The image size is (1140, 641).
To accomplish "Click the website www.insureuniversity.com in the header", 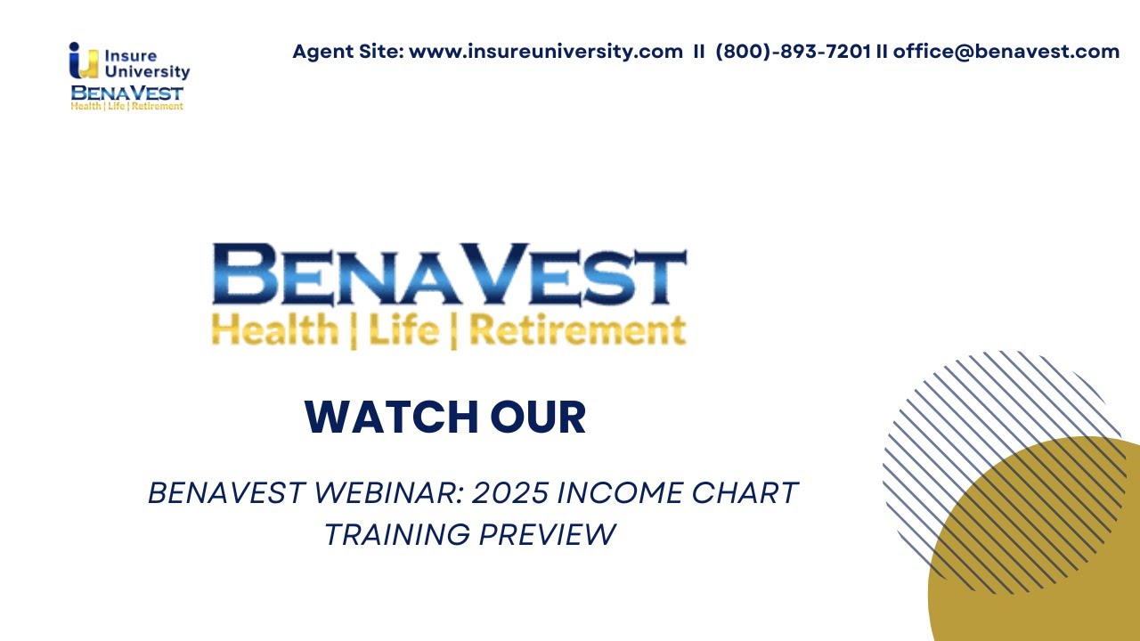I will point(545,52).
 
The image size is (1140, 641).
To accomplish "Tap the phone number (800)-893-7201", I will point(793,52).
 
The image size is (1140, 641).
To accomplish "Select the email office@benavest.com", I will point(1006,52).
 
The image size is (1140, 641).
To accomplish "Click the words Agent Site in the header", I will point(347,52).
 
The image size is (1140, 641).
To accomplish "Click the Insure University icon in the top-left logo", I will point(83,61).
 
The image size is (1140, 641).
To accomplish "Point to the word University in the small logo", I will point(148,72).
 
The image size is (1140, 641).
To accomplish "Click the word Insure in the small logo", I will point(131,56).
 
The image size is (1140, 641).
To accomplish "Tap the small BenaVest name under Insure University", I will point(126,93).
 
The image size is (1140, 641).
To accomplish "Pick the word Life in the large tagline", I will point(403,330).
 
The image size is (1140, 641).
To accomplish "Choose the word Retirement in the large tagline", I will point(577,330).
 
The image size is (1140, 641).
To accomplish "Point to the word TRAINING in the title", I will point(396,534).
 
